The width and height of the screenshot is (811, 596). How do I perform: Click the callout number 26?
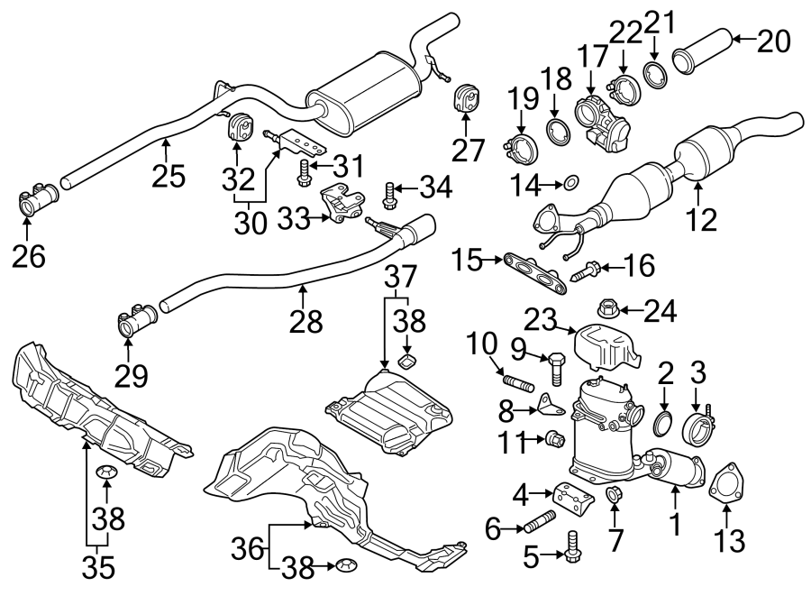point(29,257)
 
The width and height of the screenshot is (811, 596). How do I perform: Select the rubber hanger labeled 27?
point(467,99)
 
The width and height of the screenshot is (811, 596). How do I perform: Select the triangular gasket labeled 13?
point(724,483)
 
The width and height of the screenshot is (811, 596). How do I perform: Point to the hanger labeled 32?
point(239,129)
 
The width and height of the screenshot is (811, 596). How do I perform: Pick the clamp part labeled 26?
point(36,201)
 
